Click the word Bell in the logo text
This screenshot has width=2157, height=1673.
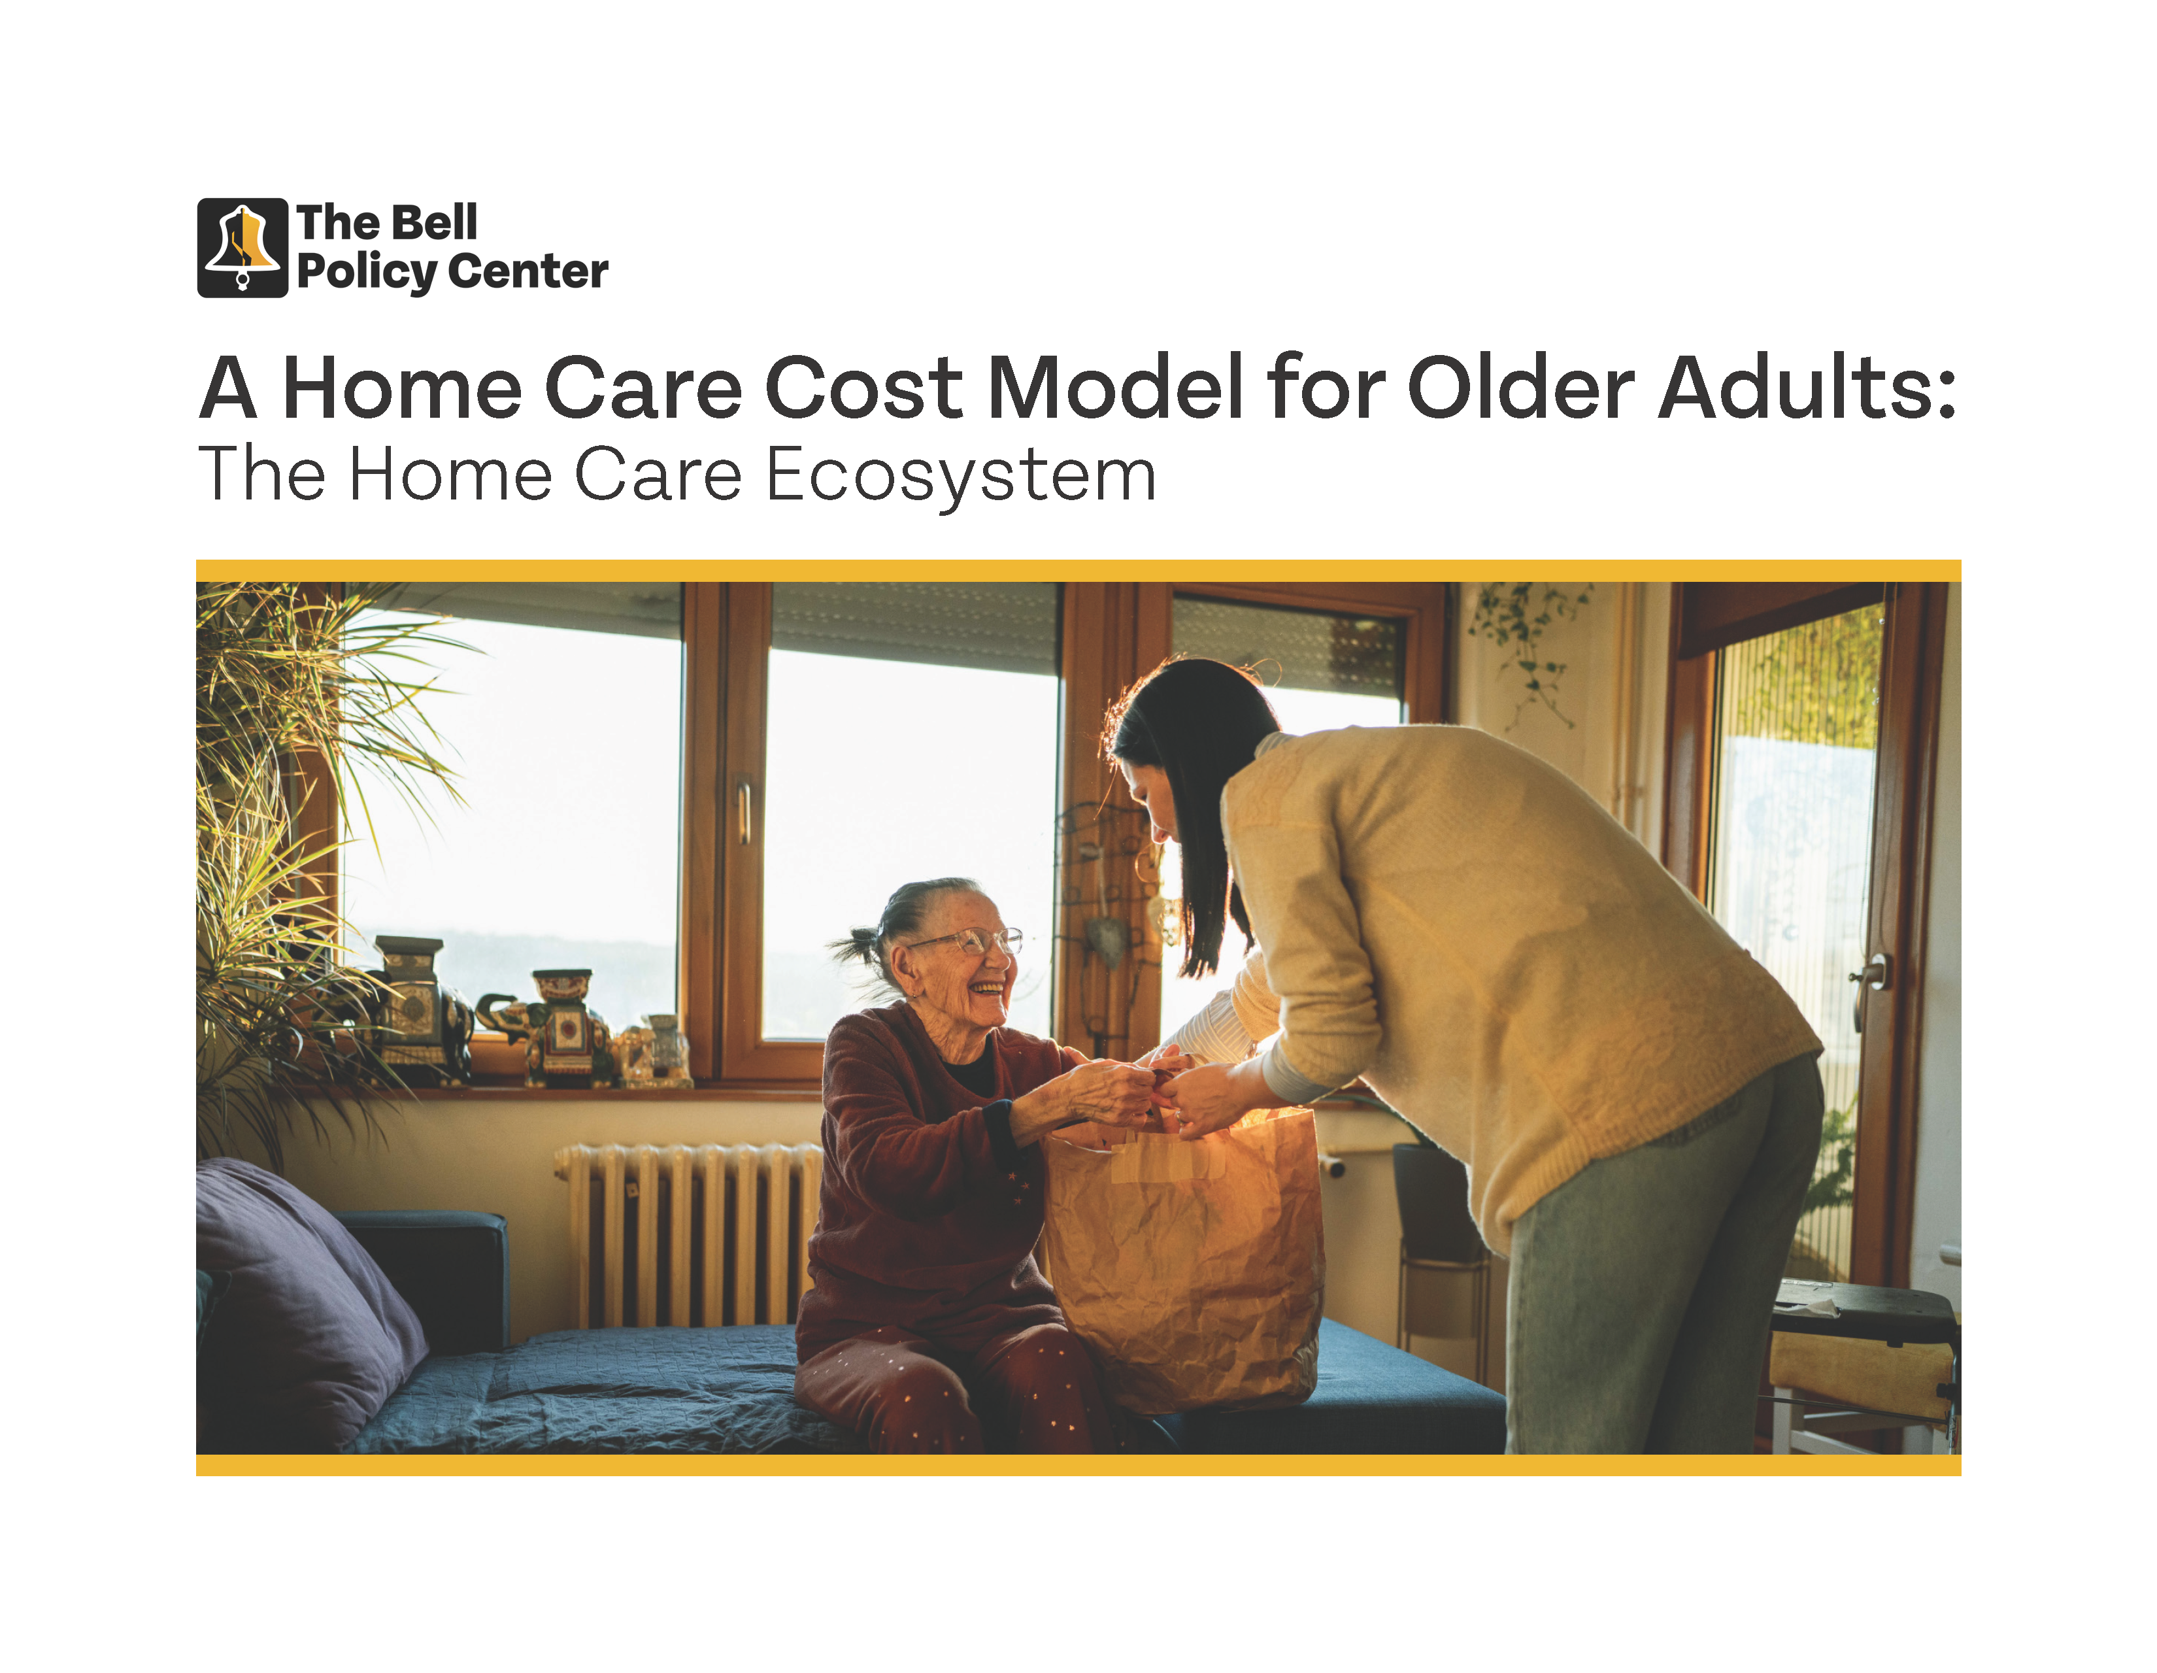435,222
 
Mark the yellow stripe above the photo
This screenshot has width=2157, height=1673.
1078,571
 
